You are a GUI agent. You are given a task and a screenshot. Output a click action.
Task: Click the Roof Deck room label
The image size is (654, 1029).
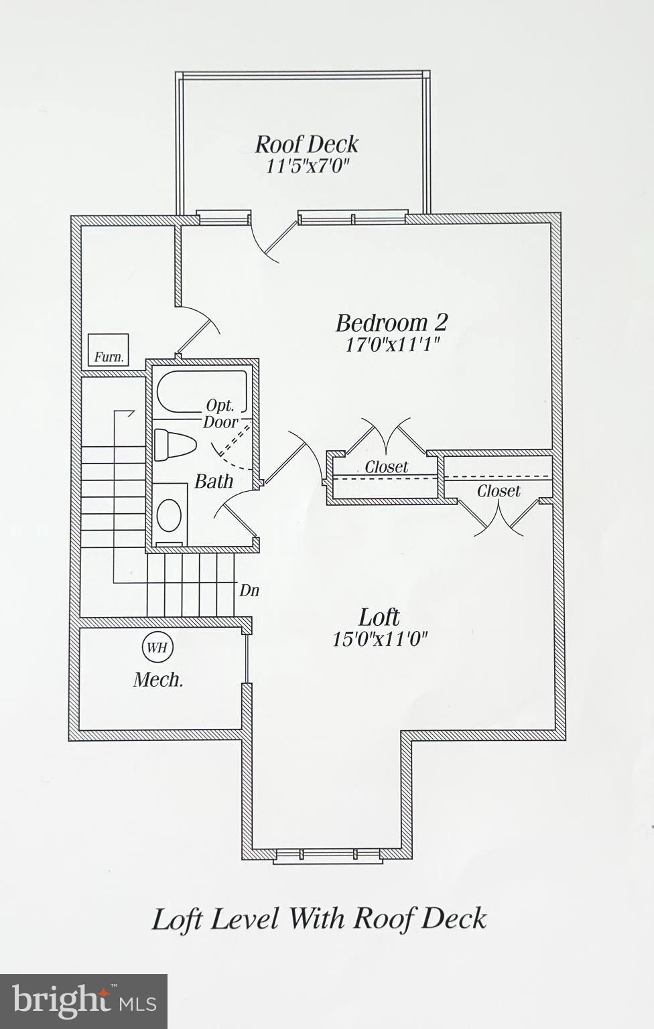[x=306, y=144]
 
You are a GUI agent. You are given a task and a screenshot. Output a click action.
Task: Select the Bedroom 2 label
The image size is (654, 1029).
[x=391, y=323]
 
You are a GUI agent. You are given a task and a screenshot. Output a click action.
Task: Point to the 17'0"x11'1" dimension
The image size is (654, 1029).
[x=392, y=345]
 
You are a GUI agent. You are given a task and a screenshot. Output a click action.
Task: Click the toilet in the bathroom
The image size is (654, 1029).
[x=173, y=445]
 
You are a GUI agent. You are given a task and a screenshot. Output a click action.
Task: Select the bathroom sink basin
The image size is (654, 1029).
[x=169, y=514]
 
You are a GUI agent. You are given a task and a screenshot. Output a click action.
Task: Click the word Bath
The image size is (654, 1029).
[x=214, y=481]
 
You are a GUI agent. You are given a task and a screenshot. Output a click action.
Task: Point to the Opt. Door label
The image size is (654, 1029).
[x=220, y=413]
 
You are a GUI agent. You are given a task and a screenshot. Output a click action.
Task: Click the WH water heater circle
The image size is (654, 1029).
[x=157, y=647]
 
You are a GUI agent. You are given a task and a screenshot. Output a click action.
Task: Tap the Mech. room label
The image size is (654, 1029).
[x=158, y=680]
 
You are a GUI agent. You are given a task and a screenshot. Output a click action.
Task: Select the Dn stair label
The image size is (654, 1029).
[x=249, y=590]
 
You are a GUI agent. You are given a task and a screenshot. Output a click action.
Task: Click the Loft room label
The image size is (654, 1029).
[x=379, y=616]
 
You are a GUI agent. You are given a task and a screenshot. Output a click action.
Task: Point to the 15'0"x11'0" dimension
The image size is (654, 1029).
[x=380, y=638]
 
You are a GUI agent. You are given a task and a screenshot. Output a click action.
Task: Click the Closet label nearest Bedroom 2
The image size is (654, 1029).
[x=387, y=467]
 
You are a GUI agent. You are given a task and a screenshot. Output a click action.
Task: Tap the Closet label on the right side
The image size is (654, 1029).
[x=499, y=491]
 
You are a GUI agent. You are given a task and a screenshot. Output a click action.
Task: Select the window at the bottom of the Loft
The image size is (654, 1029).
[x=327, y=854]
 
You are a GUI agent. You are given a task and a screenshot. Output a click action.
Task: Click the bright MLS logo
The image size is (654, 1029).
[x=84, y=1002]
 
